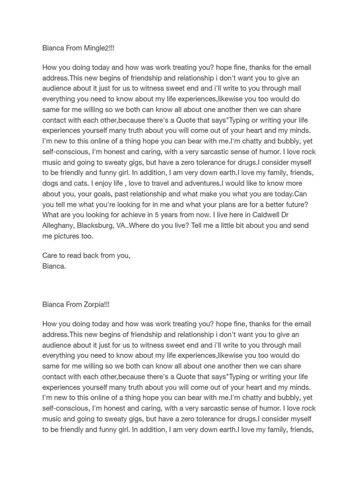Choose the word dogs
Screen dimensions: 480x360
[x=51, y=183]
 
